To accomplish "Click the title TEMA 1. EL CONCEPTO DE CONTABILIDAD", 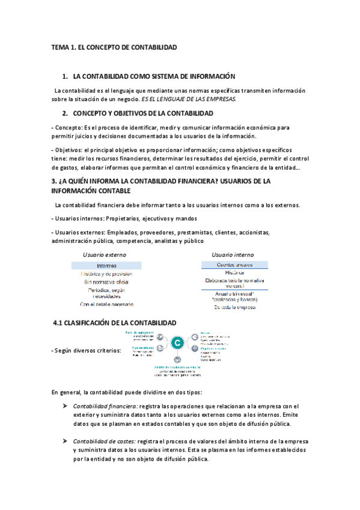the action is tap(114, 47).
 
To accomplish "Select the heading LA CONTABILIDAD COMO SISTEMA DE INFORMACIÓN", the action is tap(154, 76).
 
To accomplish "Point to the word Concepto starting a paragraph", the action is tap(67, 127).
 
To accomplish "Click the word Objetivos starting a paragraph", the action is tap(69, 150).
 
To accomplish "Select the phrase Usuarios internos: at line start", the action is tap(78, 218).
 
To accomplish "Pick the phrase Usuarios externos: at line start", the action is tap(79, 233).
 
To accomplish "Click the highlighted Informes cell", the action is tap(106, 265).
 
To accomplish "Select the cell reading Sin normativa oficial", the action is tap(106, 281).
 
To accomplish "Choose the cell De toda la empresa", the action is tap(234, 307).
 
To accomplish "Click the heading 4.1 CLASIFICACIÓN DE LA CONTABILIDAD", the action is tap(115, 323).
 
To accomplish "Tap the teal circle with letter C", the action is tap(177, 344).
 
